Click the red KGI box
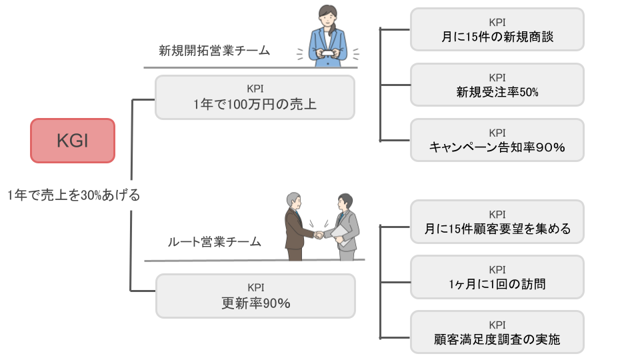pos(73,141)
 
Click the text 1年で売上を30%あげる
pos(73,195)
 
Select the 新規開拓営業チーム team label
pos(214,50)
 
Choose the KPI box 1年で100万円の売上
pos(255,97)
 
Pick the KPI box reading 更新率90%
pos(255,296)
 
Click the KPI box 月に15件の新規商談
pos(497,29)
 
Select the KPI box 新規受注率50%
pos(497,85)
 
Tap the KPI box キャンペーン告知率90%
pos(497,140)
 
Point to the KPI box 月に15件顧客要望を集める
pos(497,221)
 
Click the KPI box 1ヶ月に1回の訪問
pos(497,277)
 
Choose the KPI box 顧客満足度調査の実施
pos(497,332)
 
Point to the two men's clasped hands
pos(319,235)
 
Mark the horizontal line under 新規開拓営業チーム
pos(251,67)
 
